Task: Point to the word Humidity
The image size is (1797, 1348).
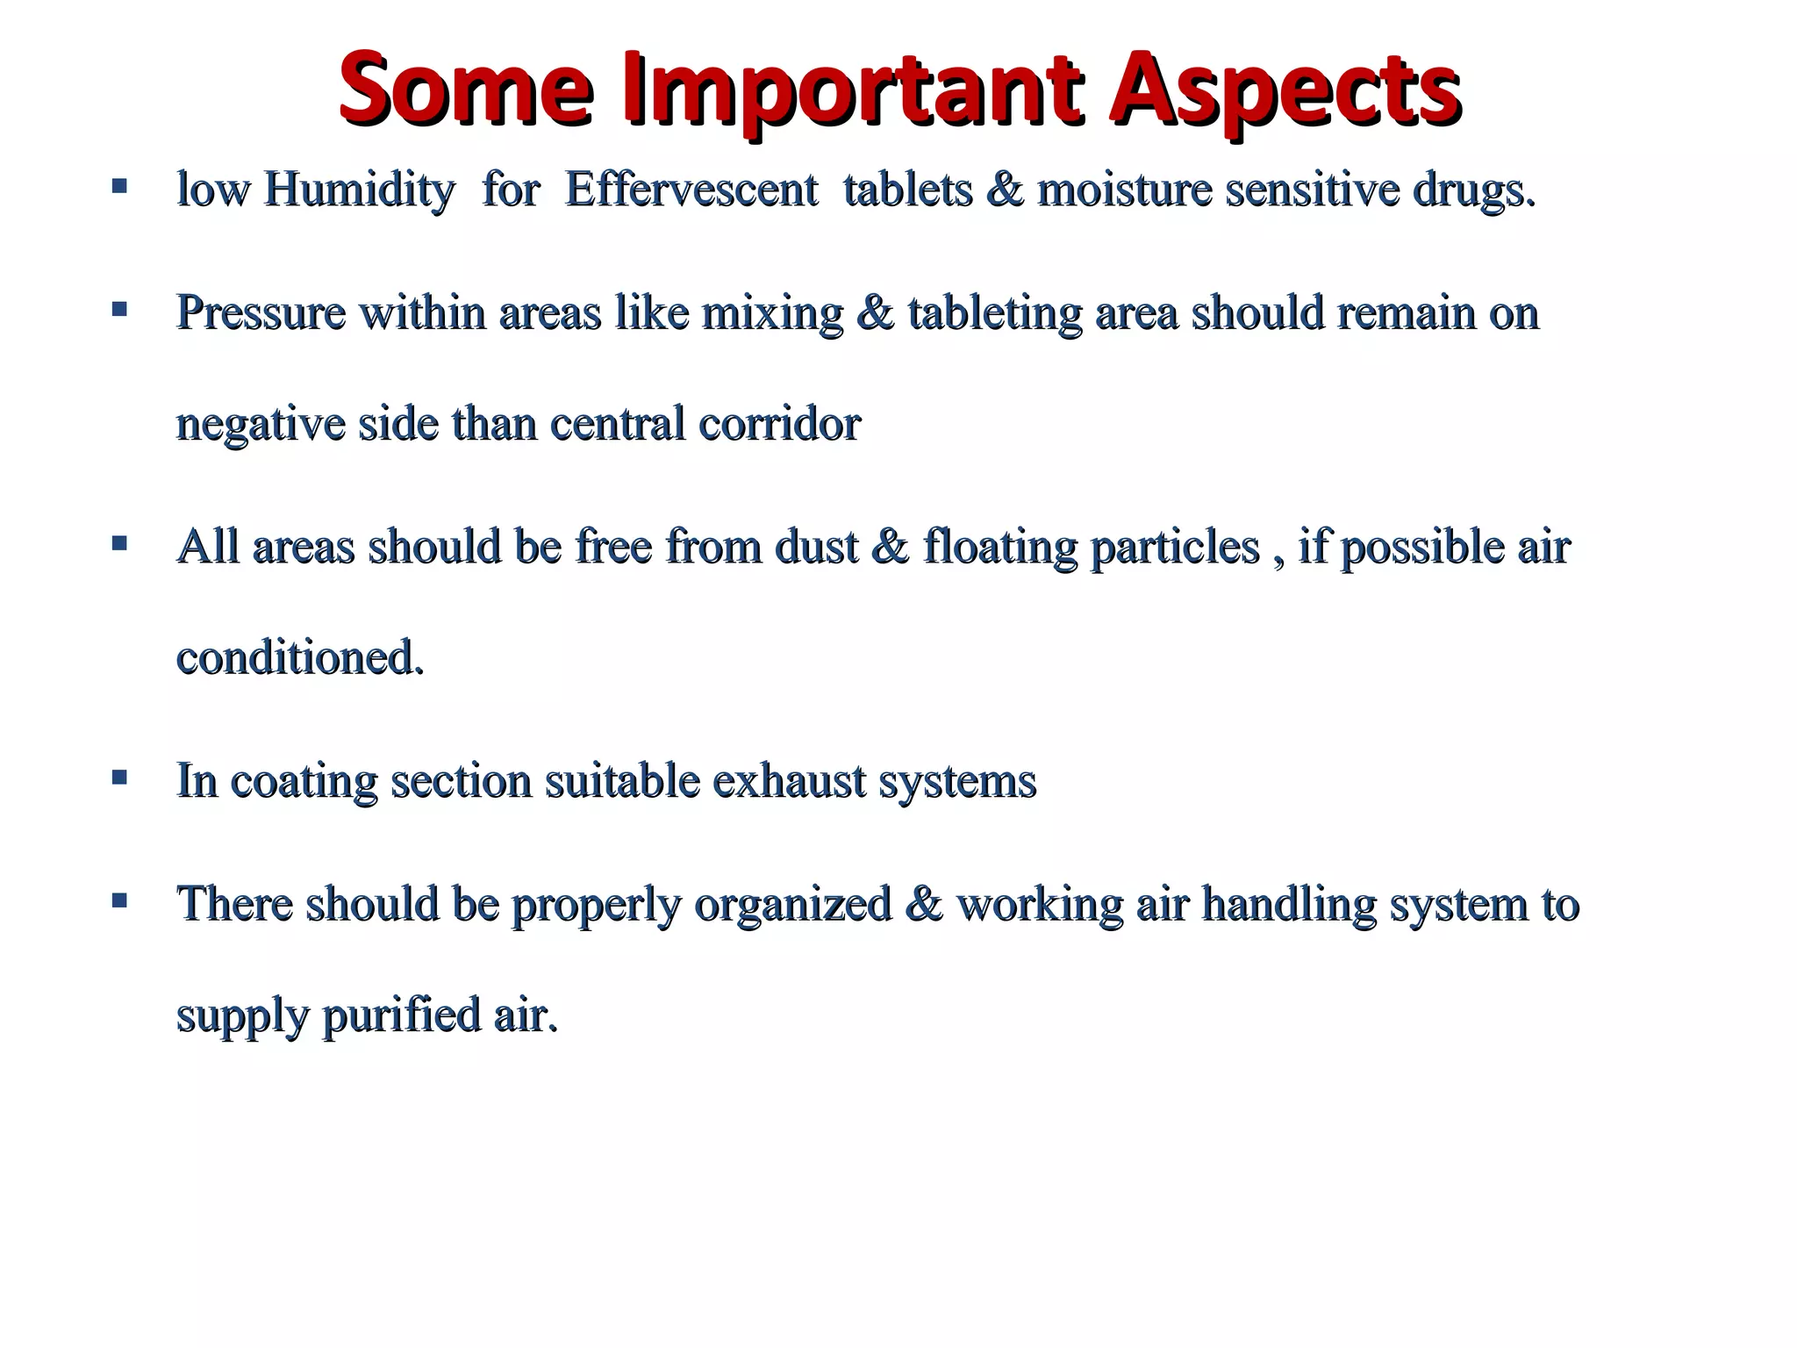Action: point(360,190)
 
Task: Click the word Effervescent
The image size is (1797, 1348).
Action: point(691,190)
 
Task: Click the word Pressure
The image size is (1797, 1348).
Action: point(261,312)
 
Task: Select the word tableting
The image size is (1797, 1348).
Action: point(994,312)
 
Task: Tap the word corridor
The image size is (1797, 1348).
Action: point(779,424)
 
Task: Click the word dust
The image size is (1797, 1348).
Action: point(816,547)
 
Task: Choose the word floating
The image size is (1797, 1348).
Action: point(1000,547)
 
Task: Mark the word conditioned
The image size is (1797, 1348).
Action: point(300,657)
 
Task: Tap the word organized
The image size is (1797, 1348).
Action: point(792,904)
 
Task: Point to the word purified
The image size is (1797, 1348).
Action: point(402,1015)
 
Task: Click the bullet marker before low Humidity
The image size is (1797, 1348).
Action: point(119,186)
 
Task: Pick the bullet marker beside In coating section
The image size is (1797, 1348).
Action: point(119,777)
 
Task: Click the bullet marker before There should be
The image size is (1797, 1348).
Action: point(119,900)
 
